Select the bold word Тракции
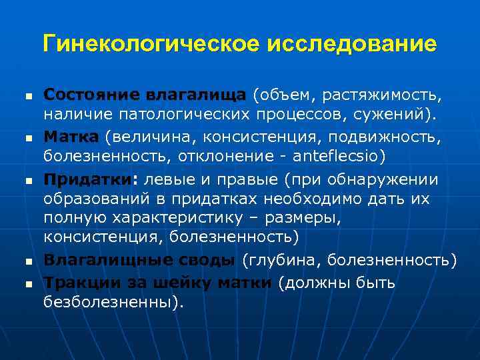pyautogui.click(x=75, y=283)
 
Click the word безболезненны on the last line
pyautogui.click(x=111, y=303)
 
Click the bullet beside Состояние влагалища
pyautogui.click(x=28, y=97)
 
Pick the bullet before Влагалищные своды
pyautogui.click(x=28, y=261)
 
